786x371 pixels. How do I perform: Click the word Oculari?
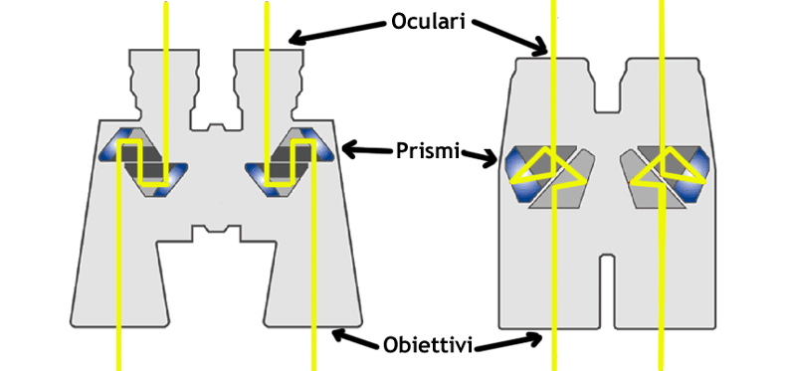[429, 22]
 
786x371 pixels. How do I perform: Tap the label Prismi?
[428, 150]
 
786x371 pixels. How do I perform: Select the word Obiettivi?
[428, 345]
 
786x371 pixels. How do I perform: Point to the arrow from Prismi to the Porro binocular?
[368, 148]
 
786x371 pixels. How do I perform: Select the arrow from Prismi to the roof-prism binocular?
[479, 158]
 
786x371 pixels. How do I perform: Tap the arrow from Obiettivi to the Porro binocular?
[357, 338]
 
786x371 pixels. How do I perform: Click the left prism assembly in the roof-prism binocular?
[550, 176]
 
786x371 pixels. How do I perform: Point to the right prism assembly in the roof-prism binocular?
[665, 176]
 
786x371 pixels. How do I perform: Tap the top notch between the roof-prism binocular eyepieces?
[607, 87]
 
